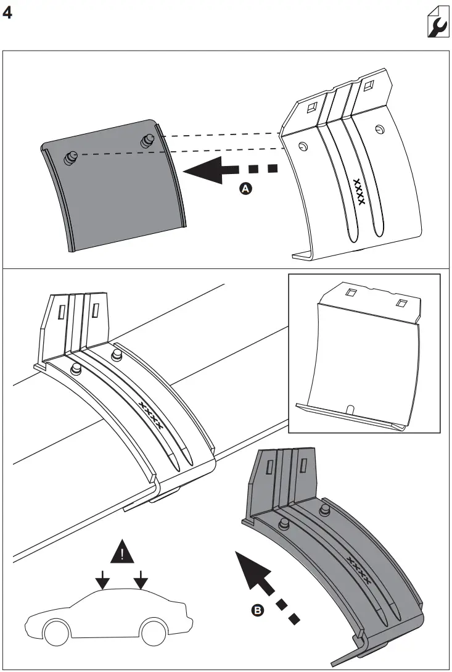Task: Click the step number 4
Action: click(8, 13)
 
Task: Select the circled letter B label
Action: click(257, 610)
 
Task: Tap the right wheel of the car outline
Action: click(152, 631)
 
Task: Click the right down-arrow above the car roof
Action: click(141, 580)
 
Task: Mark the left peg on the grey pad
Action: click(70, 158)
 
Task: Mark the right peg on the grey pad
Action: click(147, 141)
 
